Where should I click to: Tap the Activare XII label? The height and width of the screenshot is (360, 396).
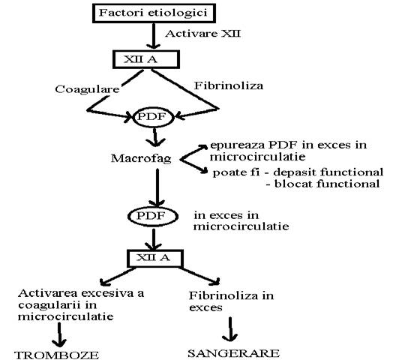pos(202,34)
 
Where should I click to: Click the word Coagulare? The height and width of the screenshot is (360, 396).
pos(87,89)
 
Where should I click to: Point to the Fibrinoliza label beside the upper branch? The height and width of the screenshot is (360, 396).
pos(228,85)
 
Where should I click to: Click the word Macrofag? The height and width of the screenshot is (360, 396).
pos(141,159)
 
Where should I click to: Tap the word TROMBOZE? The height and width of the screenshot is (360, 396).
pos(57,355)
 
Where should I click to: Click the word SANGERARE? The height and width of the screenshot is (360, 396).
pos(233,353)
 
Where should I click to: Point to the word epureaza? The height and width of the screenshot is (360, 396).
pos(237,145)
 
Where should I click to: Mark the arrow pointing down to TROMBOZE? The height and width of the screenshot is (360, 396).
pos(59,334)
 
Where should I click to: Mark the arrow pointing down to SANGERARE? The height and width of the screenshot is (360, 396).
pos(230,329)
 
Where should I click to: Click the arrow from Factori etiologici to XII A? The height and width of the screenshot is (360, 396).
pos(154,36)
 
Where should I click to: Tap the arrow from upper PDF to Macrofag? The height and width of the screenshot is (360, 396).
pos(155,137)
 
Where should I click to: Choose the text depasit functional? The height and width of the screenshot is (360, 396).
pos(328,172)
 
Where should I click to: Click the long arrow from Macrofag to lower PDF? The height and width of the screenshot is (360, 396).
pos(157,187)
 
